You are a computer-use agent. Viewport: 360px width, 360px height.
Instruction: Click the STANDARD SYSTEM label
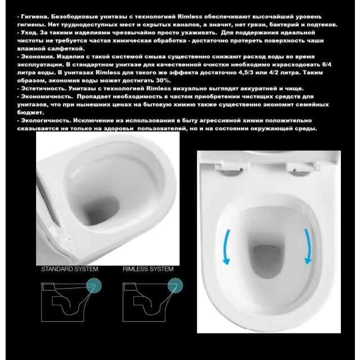pyautogui.click(x=70, y=269)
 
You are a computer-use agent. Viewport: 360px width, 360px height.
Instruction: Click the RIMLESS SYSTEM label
pyautogui.click(x=148, y=269)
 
